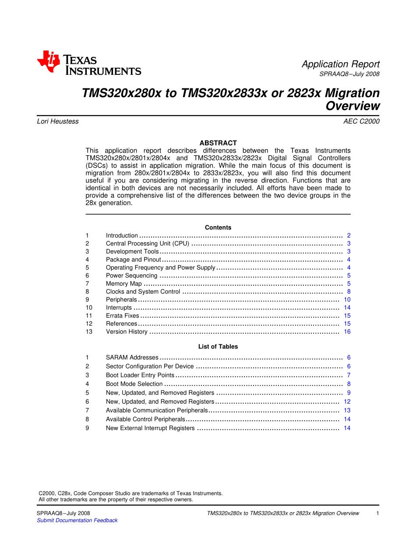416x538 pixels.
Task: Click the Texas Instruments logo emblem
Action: click(48, 61)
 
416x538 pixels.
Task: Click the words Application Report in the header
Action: click(340, 64)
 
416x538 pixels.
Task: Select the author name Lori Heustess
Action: click(58, 122)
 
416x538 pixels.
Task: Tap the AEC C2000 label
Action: click(361, 122)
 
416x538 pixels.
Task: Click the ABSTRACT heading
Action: click(218, 143)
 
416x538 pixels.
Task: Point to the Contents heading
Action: click(218, 227)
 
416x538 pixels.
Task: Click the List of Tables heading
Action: click(218, 346)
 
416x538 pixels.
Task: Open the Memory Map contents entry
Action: click(124, 284)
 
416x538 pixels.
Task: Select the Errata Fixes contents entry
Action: click(123, 316)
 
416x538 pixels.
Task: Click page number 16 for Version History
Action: click(347, 332)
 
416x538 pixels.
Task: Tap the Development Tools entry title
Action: click(132, 252)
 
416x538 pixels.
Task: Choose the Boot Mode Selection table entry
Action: click(134, 384)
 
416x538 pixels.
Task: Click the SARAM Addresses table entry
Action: click(132, 358)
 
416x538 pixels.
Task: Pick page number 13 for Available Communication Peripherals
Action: click(347, 410)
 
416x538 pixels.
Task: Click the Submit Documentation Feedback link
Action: click(77, 521)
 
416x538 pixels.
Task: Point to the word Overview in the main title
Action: click(353, 106)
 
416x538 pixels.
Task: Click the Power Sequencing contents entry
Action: click(131, 276)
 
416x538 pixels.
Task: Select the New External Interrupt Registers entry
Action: click(150, 428)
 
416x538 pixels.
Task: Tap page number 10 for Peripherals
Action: click(347, 300)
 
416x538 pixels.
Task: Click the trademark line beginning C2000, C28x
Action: click(130, 493)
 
